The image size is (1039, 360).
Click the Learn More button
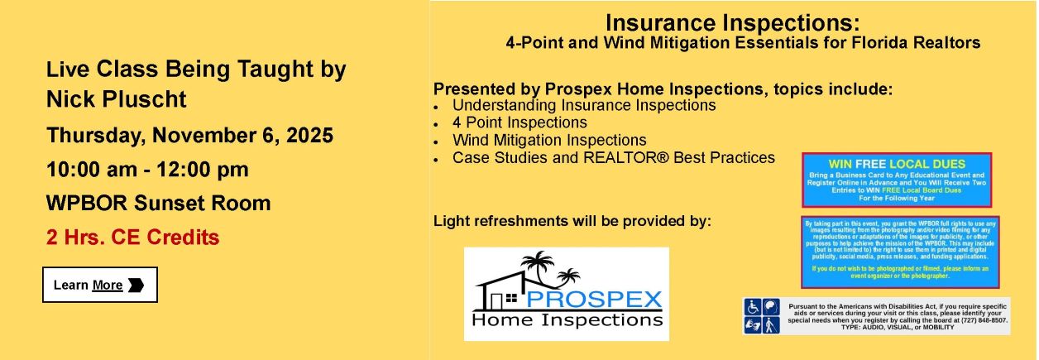coord(99,285)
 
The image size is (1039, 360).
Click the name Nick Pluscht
coord(117,100)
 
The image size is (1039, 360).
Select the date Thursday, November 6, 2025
coord(189,135)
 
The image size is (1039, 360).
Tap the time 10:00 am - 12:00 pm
coord(147,170)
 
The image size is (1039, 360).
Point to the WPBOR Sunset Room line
coord(158,204)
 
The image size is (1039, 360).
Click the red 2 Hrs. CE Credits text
coord(132,238)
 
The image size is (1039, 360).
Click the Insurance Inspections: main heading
coord(731,22)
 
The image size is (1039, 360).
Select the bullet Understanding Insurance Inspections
coord(583,105)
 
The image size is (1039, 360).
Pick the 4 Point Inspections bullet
coord(519,122)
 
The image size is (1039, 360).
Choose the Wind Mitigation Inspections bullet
coord(549,140)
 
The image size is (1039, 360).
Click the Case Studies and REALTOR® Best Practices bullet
coord(613,157)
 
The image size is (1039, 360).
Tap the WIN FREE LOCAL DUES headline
coord(897,164)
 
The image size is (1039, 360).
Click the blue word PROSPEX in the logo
coord(593,297)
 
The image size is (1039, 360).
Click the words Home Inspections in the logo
coord(567,319)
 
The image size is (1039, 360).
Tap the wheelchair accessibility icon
coord(752,306)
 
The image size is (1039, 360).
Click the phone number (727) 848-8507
coord(983,319)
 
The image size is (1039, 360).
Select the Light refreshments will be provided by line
coord(572,221)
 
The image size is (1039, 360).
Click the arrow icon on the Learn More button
coord(136,285)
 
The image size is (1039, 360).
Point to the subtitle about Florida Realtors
coord(742,42)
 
